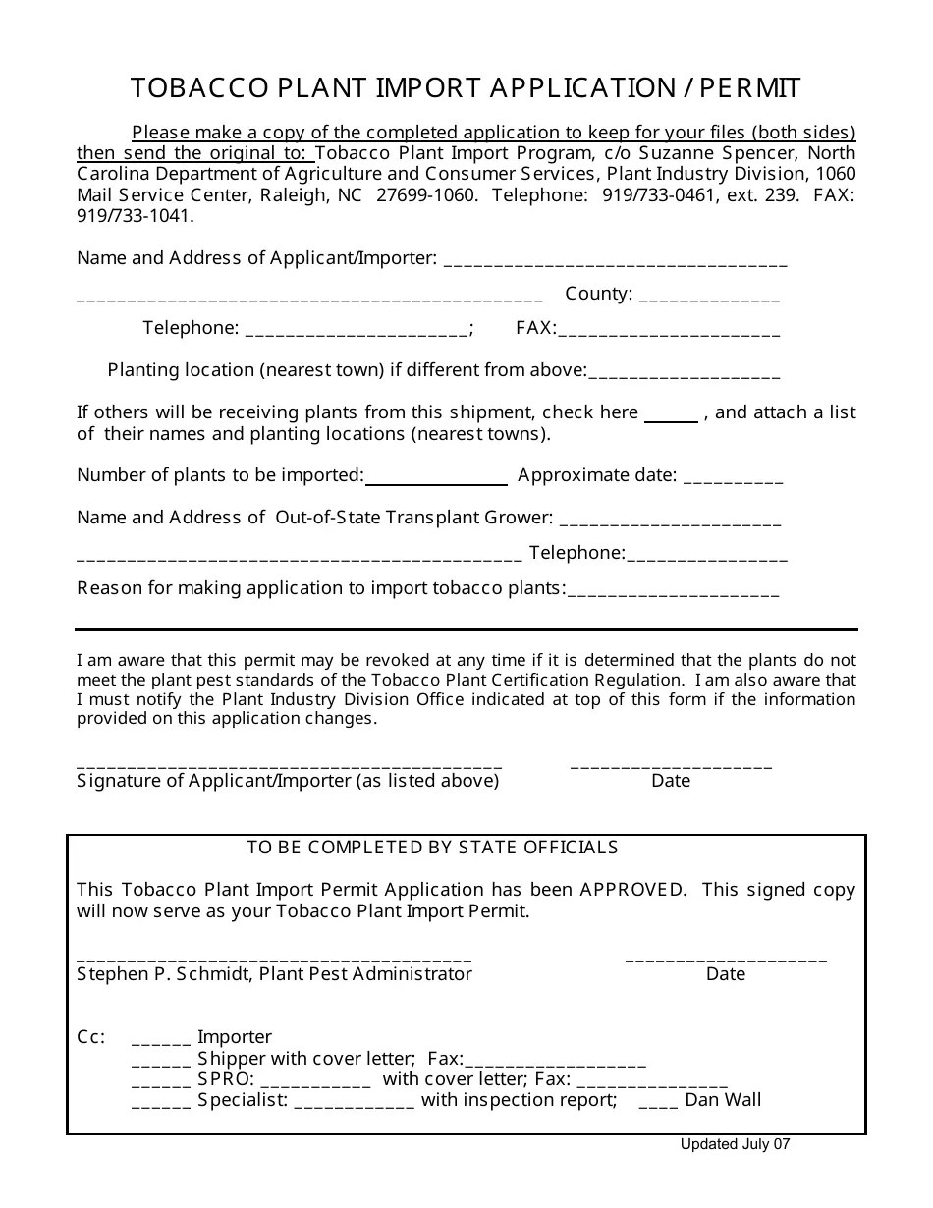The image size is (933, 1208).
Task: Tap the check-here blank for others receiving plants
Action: pyautogui.click(x=671, y=414)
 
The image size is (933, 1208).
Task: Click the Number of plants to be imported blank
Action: pyautogui.click(x=436, y=477)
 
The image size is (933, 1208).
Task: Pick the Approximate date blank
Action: pyautogui.click(x=733, y=477)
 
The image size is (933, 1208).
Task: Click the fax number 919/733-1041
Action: pyautogui.click(x=135, y=216)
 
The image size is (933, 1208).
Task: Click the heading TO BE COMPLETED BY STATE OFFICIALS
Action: pyautogui.click(x=432, y=848)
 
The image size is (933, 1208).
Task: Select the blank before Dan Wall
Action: pyautogui.click(x=658, y=1102)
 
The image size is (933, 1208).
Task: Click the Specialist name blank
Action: pyautogui.click(x=354, y=1102)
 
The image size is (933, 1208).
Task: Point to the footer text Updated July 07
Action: pyautogui.click(x=735, y=1144)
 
